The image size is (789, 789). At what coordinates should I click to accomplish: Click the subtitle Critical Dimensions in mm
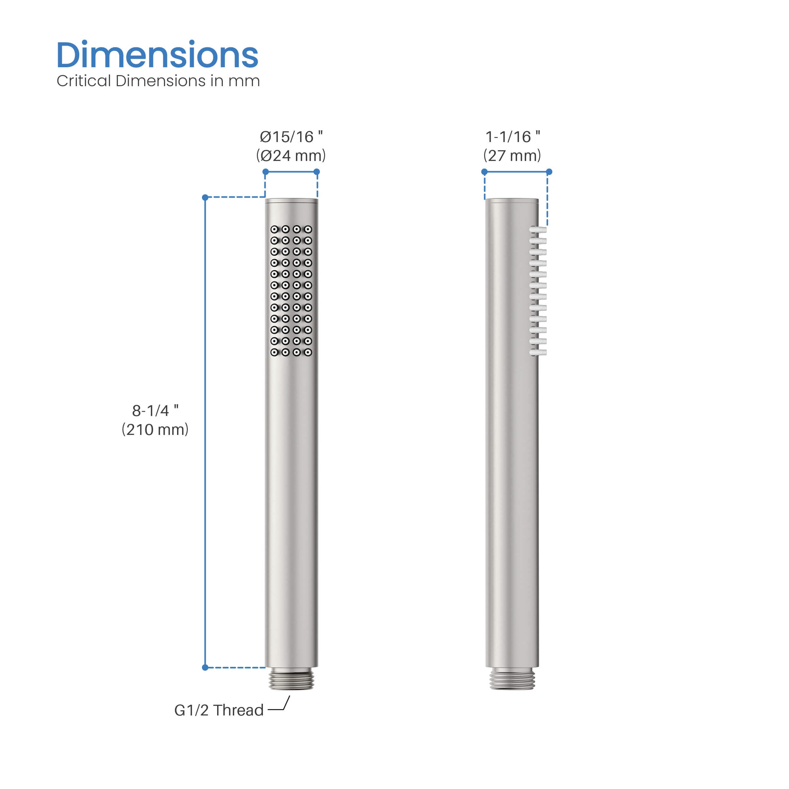(x=158, y=81)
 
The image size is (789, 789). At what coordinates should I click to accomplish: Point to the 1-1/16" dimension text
(x=513, y=137)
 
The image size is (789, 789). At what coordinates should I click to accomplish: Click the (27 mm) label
(x=512, y=156)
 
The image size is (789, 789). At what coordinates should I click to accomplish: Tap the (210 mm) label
(x=155, y=430)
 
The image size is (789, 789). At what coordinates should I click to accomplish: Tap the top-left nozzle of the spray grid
(x=275, y=229)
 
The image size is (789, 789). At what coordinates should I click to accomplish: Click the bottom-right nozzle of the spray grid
(x=308, y=352)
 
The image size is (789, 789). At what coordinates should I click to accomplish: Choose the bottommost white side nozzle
(x=538, y=352)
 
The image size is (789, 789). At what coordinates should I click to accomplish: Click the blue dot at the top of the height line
(x=205, y=198)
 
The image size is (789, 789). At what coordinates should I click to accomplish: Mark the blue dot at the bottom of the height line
(x=205, y=667)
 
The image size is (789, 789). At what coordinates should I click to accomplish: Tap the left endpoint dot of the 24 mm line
(x=265, y=171)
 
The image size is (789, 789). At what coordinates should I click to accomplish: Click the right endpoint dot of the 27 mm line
(x=549, y=172)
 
